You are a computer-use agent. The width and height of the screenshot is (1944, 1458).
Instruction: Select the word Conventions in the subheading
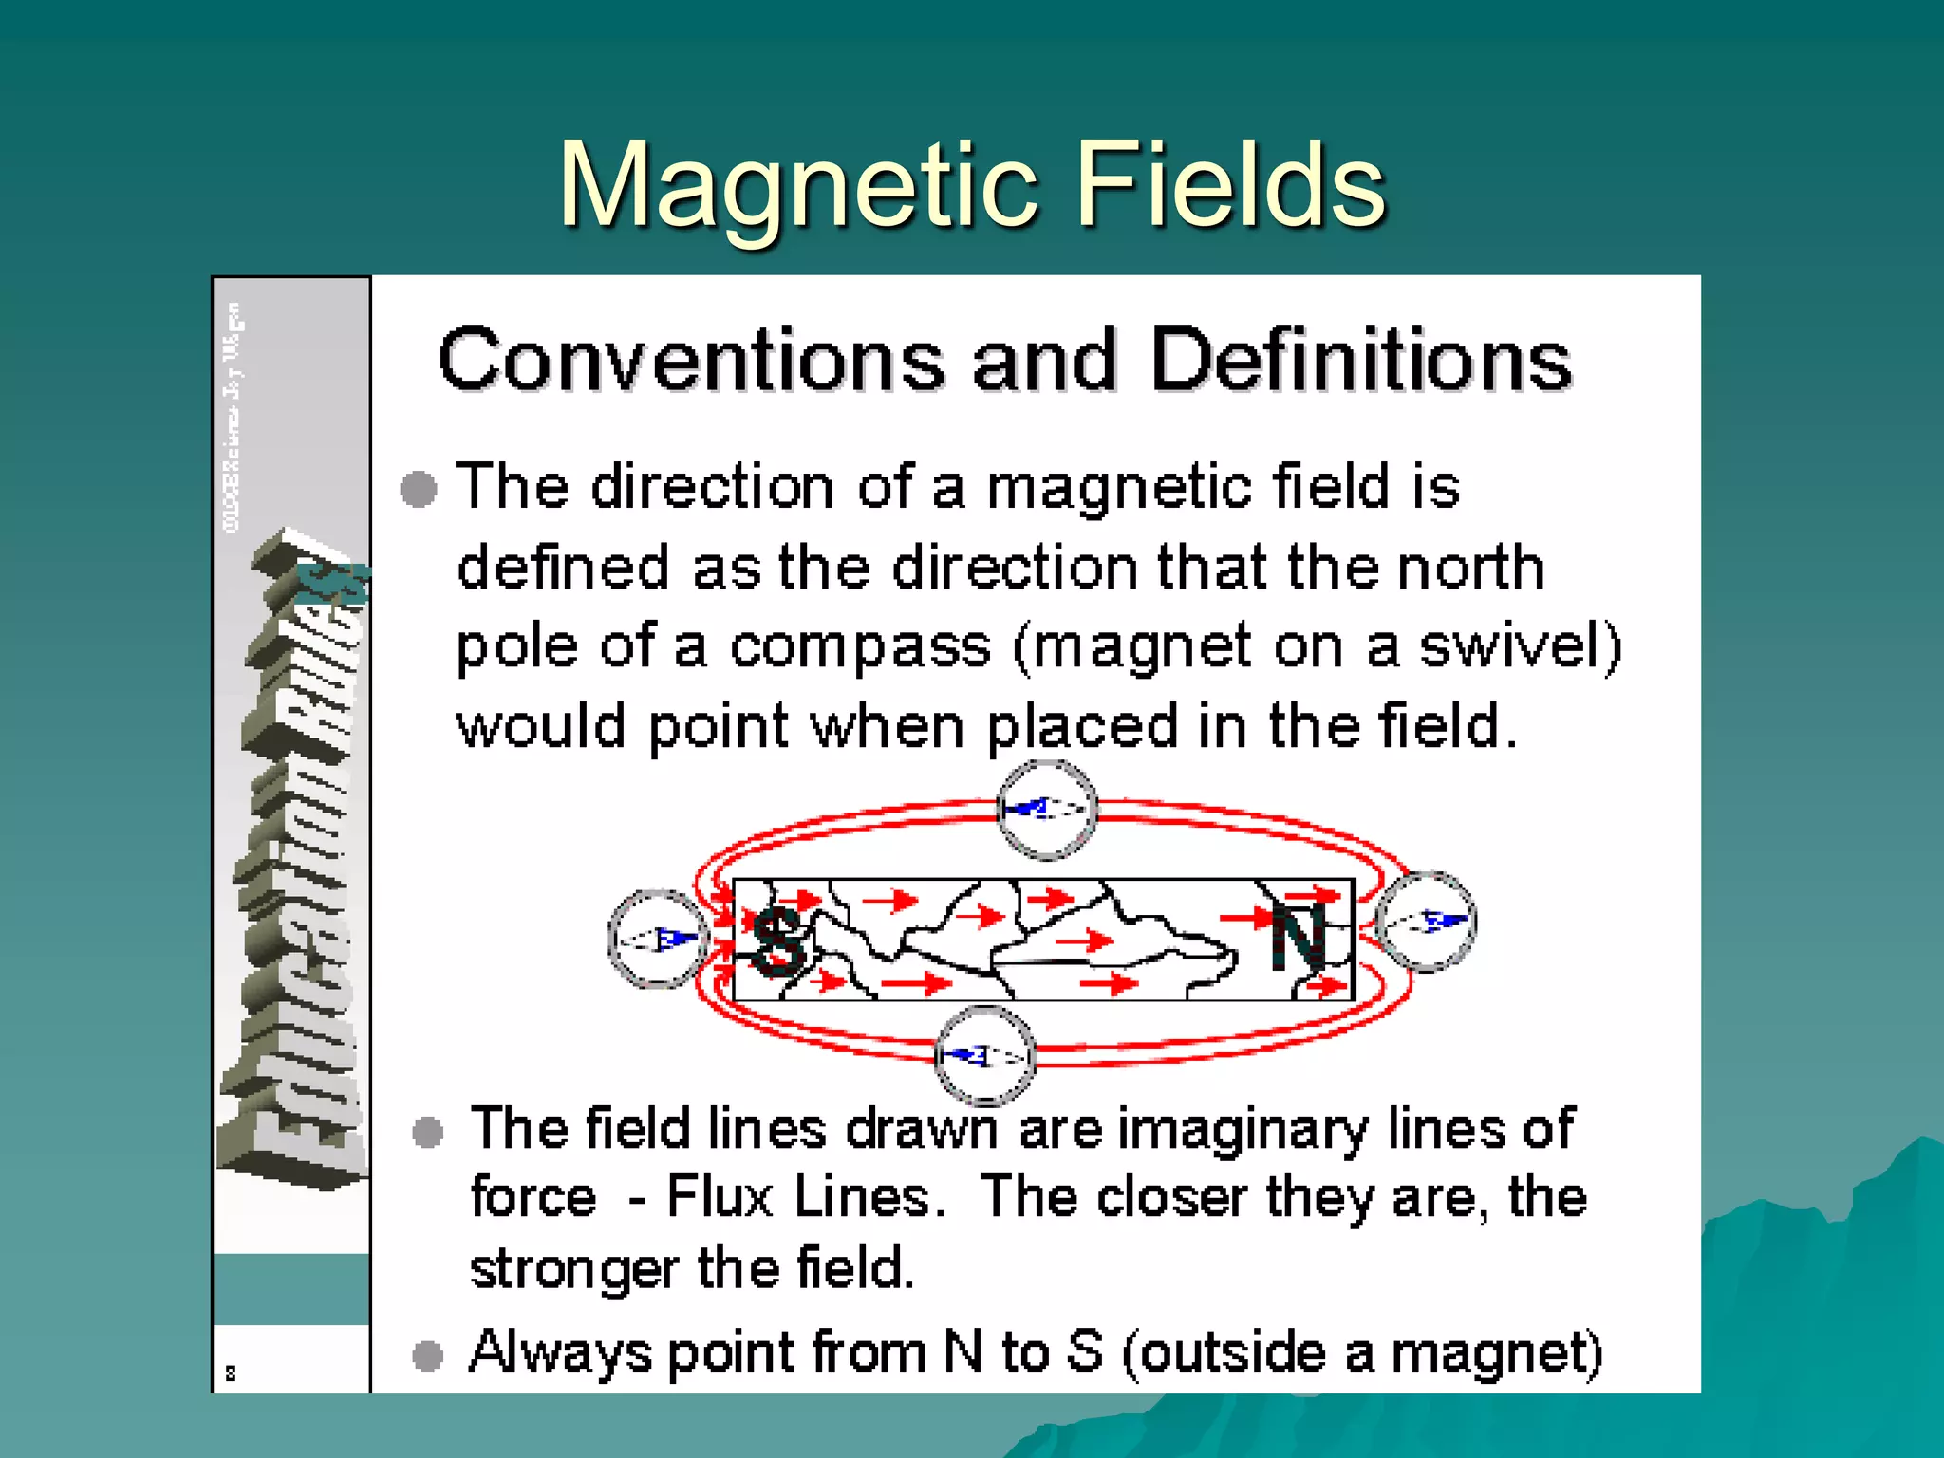pyautogui.click(x=691, y=361)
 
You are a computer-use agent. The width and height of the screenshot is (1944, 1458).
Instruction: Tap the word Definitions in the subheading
pyautogui.click(x=1361, y=361)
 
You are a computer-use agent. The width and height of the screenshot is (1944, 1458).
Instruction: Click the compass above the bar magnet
pyautogui.click(x=1047, y=810)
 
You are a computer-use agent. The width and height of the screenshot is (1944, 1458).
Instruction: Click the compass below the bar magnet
pyautogui.click(x=984, y=1056)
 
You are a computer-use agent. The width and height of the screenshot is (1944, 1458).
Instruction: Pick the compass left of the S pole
pyautogui.click(x=657, y=939)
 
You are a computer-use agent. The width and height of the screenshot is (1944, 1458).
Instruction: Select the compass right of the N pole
pyautogui.click(x=1426, y=921)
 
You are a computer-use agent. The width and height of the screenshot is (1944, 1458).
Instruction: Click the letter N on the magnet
pyautogui.click(x=1299, y=935)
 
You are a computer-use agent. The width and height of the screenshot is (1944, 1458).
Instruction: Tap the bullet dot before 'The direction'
pyautogui.click(x=419, y=490)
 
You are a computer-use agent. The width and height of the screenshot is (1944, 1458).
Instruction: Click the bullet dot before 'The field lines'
pyautogui.click(x=428, y=1131)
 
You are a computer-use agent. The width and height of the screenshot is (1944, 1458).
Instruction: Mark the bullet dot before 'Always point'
pyautogui.click(x=428, y=1355)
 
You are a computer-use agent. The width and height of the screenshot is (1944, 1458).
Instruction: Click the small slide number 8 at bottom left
pyautogui.click(x=231, y=1373)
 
